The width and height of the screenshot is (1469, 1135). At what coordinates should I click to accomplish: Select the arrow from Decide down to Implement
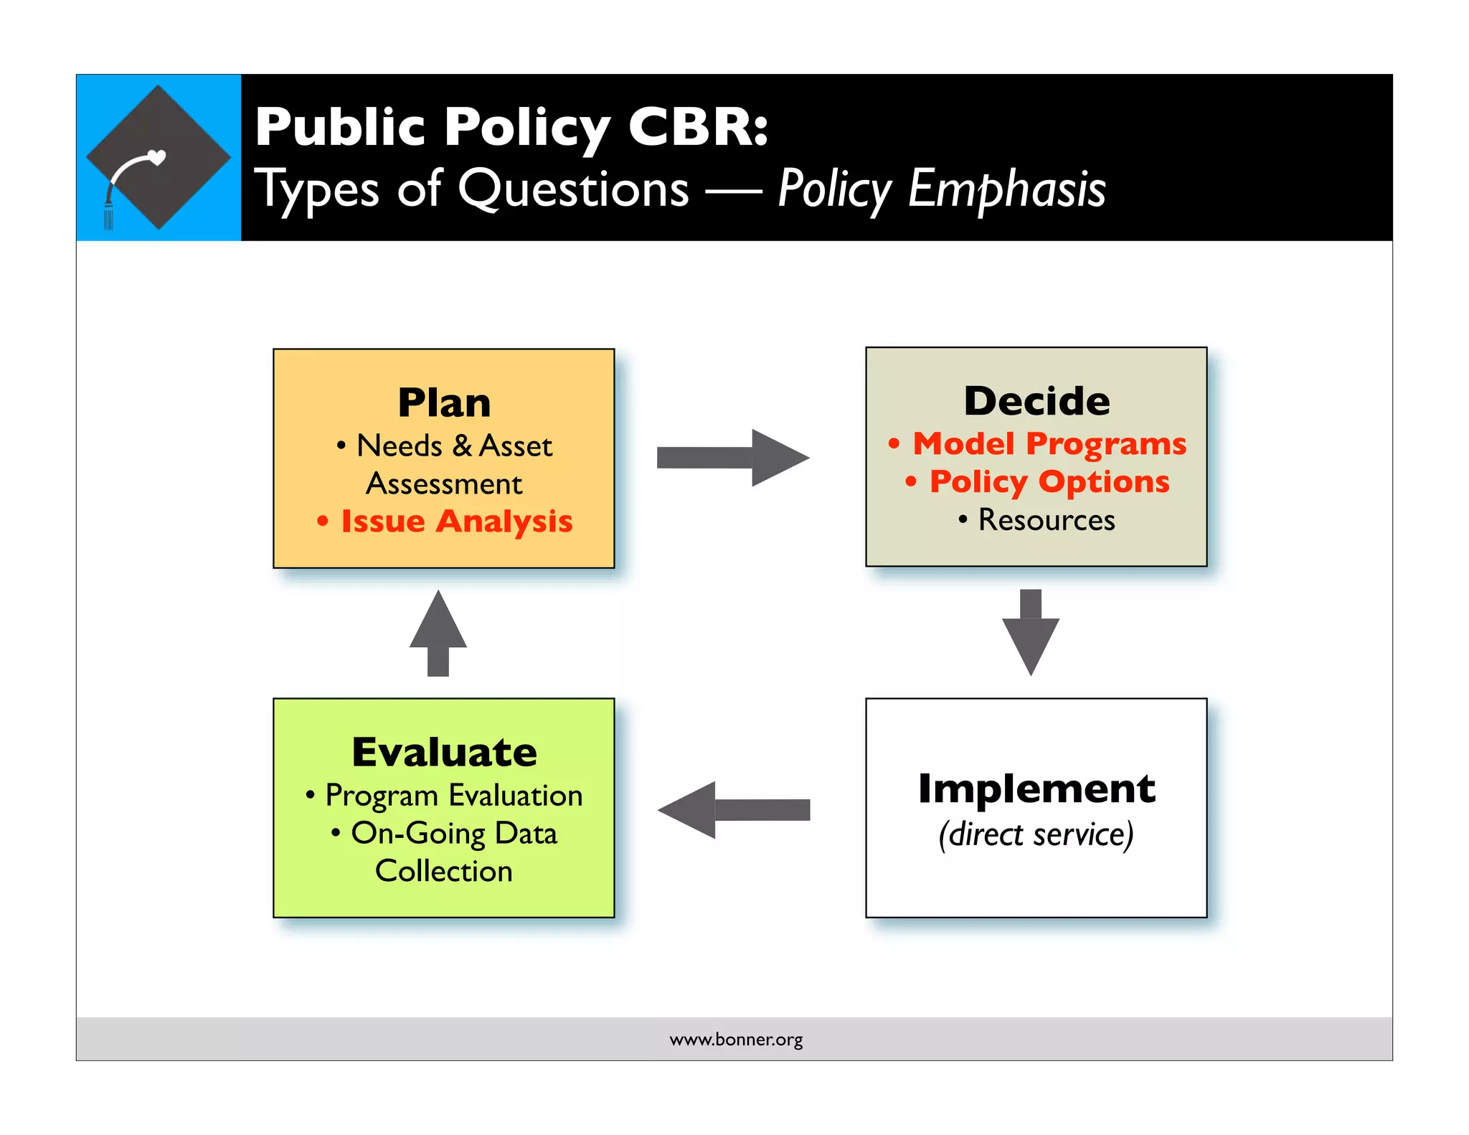[1030, 632]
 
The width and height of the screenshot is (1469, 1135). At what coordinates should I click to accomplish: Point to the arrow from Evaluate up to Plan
[438, 633]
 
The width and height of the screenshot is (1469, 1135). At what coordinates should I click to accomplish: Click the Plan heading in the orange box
[444, 402]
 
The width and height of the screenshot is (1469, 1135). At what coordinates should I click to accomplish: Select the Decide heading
[1036, 400]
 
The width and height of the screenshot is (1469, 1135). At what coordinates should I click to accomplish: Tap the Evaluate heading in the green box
[444, 752]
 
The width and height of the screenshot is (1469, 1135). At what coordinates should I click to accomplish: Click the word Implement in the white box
[1036, 788]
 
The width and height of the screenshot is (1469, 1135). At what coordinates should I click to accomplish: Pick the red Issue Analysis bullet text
[456, 522]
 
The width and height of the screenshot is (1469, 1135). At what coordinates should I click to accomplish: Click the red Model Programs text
[1049, 444]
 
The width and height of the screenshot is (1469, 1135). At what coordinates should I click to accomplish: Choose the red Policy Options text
[1049, 481]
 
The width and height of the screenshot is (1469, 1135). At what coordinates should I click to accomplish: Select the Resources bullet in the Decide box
[1046, 519]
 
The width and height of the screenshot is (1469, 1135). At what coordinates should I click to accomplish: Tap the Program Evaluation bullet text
[453, 796]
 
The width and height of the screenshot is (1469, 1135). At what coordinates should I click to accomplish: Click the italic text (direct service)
[1036, 834]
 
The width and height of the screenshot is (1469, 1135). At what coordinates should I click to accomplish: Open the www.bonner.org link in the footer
[736, 1040]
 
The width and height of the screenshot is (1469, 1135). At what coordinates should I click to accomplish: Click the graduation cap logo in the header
[159, 157]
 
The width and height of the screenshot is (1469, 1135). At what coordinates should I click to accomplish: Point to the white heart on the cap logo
[156, 156]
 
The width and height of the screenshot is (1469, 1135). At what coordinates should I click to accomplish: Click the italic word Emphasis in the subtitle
[1006, 189]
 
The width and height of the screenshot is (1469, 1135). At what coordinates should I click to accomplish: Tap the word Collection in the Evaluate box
[444, 871]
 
